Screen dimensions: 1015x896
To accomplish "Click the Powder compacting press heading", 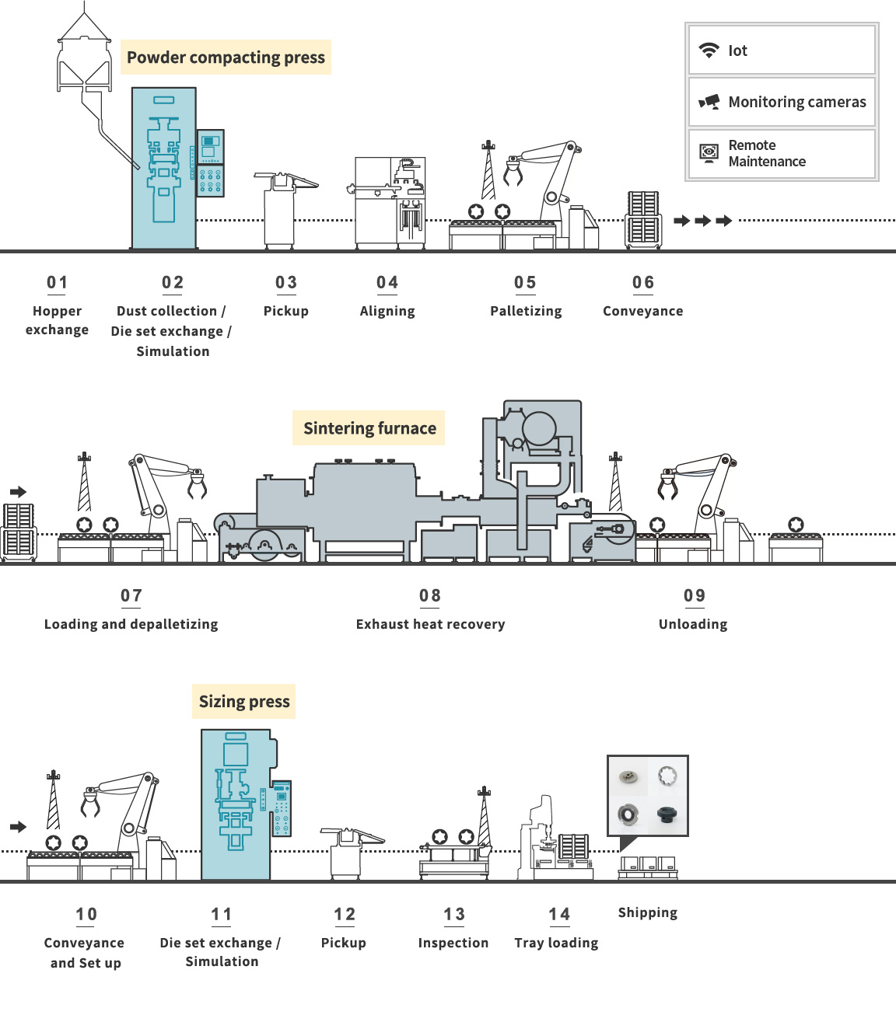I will point(226,58).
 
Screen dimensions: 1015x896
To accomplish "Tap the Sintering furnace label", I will point(369,428).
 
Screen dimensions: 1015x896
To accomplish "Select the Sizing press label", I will point(244,702).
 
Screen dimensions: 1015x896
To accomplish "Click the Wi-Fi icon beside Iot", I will point(709,51).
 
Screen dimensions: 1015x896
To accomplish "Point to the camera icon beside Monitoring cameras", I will point(709,102).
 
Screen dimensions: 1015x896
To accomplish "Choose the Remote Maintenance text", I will point(766,154).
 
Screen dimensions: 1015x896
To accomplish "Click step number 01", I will point(58,282).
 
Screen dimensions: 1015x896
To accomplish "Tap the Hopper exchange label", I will point(57,320).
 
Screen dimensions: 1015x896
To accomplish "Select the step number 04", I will point(387,282).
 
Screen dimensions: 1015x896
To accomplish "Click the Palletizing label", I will point(526,311).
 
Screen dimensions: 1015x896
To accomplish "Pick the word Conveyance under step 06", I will point(642,311).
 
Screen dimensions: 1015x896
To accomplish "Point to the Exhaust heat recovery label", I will point(430,624).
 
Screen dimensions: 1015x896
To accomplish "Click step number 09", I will point(695,595).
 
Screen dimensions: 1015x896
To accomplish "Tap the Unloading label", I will point(693,624).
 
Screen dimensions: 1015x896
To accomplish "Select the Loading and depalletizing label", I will point(131,624).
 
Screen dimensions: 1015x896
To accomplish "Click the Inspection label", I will point(453,943).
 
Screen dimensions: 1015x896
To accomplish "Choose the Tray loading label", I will point(556,943).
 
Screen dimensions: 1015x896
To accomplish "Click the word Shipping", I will point(648,912).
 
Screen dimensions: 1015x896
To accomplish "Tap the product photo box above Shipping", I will point(648,796).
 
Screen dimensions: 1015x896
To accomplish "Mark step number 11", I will point(222,914).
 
